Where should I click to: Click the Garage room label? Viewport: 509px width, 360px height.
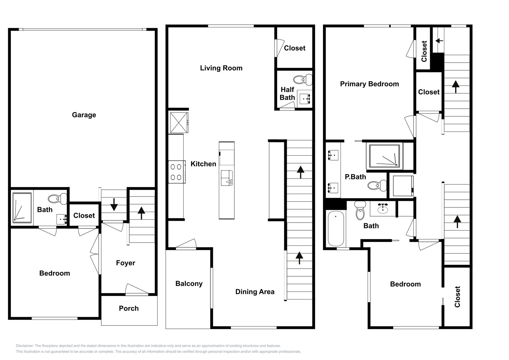click(84, 115)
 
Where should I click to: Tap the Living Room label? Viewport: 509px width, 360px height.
click(221, 68)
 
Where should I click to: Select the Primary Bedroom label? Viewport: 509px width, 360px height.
click(369, 84)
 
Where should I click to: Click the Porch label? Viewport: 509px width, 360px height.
click(129, 308)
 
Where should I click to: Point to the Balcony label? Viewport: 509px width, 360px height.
click(189, 283)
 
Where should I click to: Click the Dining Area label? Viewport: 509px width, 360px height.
click(255, 292)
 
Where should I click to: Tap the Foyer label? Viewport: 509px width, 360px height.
click(126, 263)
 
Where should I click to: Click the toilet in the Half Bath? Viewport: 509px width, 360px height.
click(303, 80)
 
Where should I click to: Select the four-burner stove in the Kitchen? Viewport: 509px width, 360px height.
click(177, 172)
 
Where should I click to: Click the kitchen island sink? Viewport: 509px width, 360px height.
click(227, 178)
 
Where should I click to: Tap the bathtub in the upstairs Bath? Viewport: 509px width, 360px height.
click(336, 229)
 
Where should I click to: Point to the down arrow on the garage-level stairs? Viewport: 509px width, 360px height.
click(114, 205)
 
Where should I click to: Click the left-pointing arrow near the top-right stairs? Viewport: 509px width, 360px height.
click(439, 41)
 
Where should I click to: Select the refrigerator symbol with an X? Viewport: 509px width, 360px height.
click(179, 123)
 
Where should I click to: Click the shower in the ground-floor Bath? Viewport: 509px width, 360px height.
click(22, 208)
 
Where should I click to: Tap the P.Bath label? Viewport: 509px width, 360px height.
click(355, 177)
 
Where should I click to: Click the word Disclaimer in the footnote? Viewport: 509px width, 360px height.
click(25, 346)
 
